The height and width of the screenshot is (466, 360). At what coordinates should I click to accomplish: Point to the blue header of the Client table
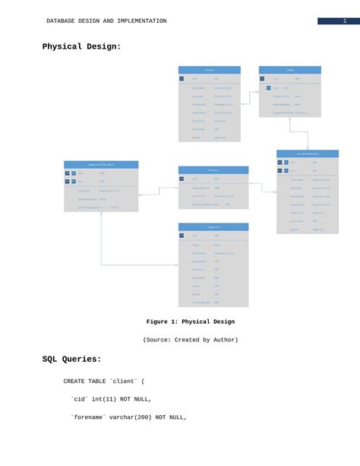pyautogui.click(x=209, y=70)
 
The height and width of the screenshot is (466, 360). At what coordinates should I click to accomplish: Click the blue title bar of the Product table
pyautogui.click(x=213, y=170)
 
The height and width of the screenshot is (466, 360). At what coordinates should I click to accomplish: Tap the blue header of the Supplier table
pyautogui.click(x=213, y=227)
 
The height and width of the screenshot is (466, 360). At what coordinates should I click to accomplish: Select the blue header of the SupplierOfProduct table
pyautogui.click(x=101, y=164)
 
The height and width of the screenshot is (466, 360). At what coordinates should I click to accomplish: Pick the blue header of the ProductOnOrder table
pyautogui.click(x=307, y=154)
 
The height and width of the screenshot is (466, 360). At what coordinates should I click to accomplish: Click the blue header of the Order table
pyautogui.click(x=289, y=70)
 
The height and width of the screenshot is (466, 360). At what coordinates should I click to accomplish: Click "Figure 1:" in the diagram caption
pyautogui.click(x=162, y=322)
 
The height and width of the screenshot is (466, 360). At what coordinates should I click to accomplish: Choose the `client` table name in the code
pyautogui.click(x=123, y=381)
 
